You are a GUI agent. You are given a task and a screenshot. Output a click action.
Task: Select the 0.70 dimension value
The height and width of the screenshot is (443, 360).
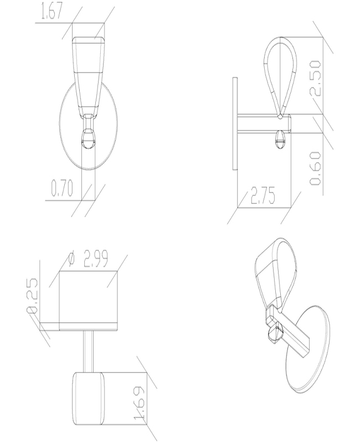point(61,190)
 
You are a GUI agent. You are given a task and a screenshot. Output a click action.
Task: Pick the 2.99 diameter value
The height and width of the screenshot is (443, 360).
point(95,259)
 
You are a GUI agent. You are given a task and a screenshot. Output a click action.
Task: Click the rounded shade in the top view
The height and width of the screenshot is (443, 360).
point(88,396)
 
